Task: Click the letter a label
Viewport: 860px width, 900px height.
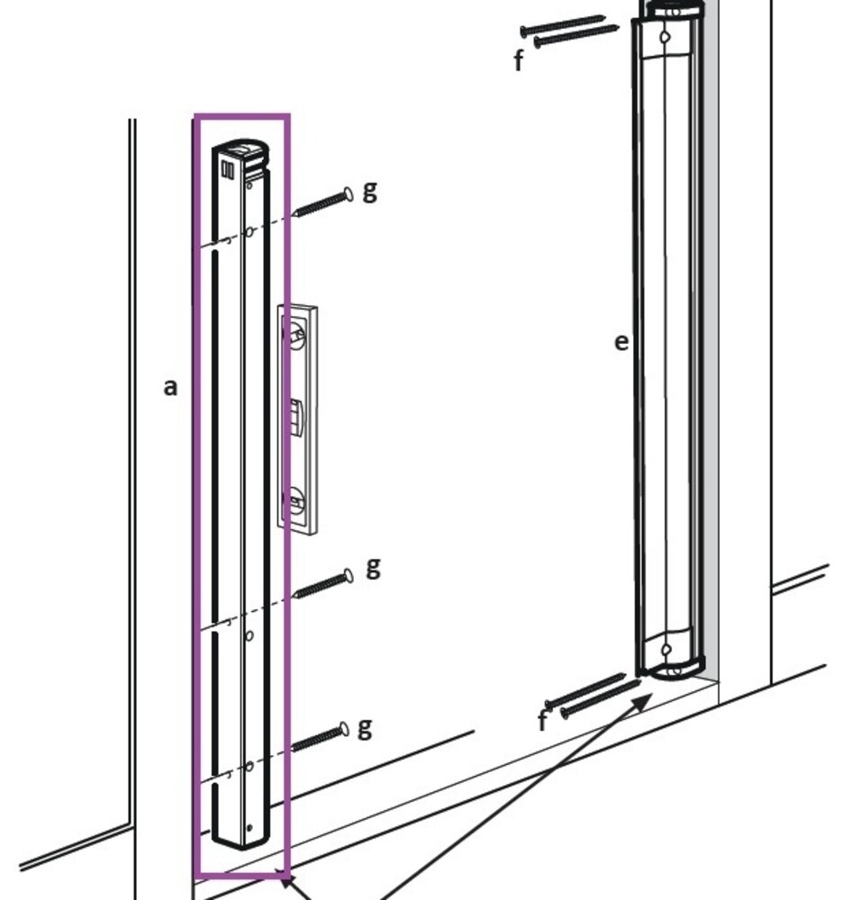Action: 170,387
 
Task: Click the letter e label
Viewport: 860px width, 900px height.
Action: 621,342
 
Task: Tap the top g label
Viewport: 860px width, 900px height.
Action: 369,191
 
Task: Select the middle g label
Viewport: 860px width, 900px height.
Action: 373,567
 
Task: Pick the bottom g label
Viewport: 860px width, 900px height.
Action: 364,726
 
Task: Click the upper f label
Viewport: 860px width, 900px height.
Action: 519,60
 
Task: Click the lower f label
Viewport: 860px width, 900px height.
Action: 542,721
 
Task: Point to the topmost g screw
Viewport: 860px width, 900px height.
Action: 322,203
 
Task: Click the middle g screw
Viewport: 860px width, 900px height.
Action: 322,584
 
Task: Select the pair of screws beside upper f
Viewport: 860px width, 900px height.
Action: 572,31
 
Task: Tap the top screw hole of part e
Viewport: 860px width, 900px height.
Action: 665,39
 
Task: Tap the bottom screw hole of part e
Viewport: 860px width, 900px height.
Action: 666,650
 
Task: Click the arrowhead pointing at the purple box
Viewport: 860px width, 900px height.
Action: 288,882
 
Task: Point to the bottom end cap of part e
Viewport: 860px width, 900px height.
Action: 675,668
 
